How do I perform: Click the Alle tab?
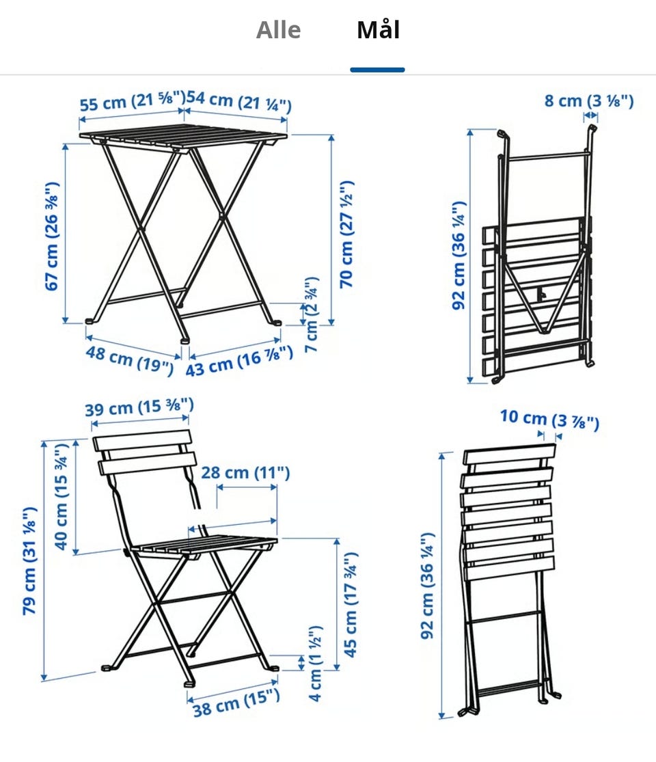pos(278,30)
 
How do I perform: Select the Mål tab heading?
pos(378,29)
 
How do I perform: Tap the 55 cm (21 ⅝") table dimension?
pos(132,102)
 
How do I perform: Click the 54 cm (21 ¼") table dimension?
pos(238,101)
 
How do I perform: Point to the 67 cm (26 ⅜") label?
pos(51,236)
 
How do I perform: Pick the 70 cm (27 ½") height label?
pos(346,234)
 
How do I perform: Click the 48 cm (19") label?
pos(129,360)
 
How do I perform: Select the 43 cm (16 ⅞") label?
pos(239,361)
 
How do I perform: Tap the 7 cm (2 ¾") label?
pos(311,315)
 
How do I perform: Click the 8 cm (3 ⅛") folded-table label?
pos(589,100)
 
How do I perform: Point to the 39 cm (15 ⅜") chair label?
pos(139,407)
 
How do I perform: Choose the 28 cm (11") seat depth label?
pos(245,472)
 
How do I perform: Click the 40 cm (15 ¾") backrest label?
pos(61,497)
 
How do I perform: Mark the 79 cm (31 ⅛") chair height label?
pos(29,561)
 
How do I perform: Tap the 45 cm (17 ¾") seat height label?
pos(351,605)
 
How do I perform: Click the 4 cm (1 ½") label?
pos(315,664)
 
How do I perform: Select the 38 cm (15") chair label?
pos(236,703)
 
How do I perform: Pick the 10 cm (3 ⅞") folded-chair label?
pos(549,419)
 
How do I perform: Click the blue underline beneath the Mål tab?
pos(378,70)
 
